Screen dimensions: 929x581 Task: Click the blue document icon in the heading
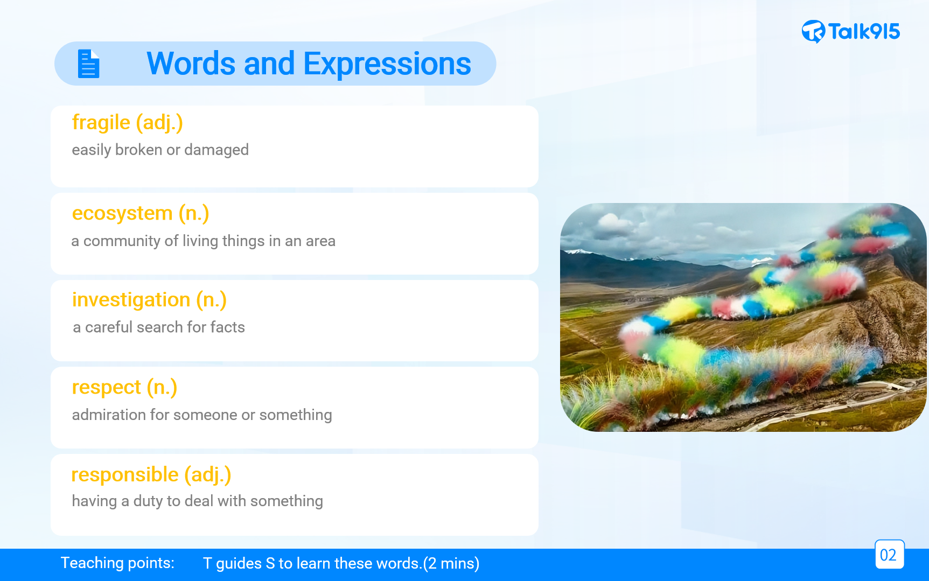click(x=89, y=64)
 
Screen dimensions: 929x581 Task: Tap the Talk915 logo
click(x=850, y=32)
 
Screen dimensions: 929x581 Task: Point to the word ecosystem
click(x=122, y=214)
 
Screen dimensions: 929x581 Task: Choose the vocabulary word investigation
click(x=131, y=300)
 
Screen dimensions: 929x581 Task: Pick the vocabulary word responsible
click(x=125, y=475)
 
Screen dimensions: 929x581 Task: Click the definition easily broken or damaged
click(x=160, y=150)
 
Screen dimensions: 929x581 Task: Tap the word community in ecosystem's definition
click(x=122, y=241)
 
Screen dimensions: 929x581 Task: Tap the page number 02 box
click(x=889, y=555)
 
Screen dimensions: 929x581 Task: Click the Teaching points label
click(x=117, y=563)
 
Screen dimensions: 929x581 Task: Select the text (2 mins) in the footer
click(x=451, y=564)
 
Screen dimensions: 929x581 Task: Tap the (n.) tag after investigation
click(x=211, y=300)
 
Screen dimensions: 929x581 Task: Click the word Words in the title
click(x=191, y=64)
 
